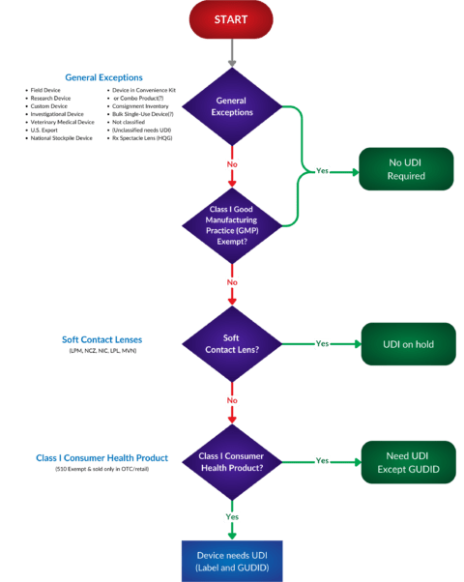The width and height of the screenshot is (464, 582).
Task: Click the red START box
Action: pyautogui.click(x=232, y=20)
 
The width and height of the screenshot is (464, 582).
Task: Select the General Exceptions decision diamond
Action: pyautogui.click(x=232, y=105)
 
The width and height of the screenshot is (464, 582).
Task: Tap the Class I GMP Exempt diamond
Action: pyautogui.click(x=232, y=226)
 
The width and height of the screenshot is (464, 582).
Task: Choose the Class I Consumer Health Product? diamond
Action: pyautogui.click(x=232, y=460)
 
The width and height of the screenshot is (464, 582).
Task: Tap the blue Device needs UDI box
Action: pyautogui.click(x=232, y=560)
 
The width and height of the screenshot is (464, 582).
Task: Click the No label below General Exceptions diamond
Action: pyautogui.click(x=232, y=163)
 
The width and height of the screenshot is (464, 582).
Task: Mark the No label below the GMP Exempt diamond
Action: pyautogui.click(x=232, y=282)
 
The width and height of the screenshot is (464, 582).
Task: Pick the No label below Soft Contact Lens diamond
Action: pyautogui.click(x=232, y=398)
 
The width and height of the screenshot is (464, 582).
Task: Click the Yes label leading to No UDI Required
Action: pyautogui.click(x=323, y=170)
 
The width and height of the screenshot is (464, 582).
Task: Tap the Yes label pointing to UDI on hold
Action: pyautogui.click(x=323, y=343)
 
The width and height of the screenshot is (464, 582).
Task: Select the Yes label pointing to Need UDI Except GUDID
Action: pyautogui.click(x=323, y=460)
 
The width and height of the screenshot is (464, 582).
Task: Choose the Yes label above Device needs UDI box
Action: pyautogui.click(x=232, y=516)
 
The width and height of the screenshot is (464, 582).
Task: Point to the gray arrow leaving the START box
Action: pyautogui.click(x=232, y=53)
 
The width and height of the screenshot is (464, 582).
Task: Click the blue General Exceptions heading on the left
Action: pyautogui.click(x=104, y=76)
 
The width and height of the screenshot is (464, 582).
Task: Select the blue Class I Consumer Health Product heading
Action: pyautogui.click(x=104, y=456)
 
